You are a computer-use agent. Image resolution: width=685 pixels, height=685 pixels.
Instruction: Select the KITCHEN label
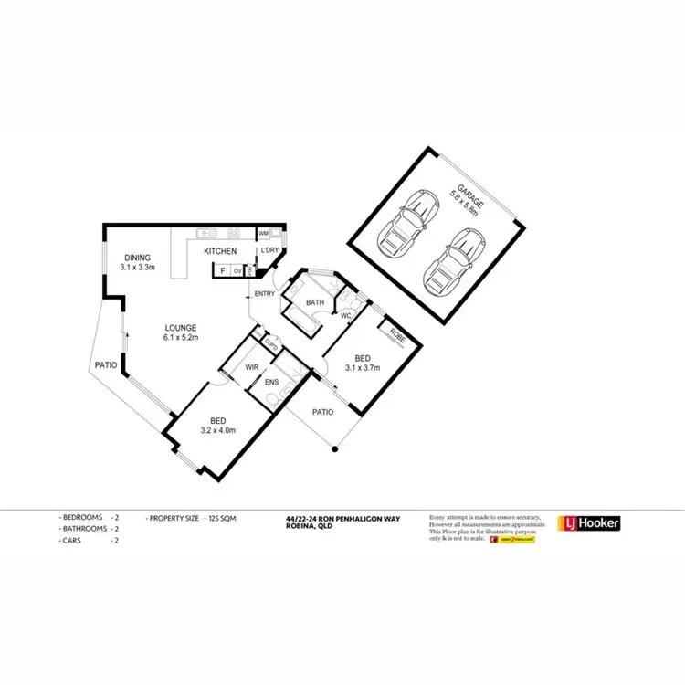click(220, 251)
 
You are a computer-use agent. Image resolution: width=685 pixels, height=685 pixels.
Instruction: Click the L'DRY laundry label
click(269, 250)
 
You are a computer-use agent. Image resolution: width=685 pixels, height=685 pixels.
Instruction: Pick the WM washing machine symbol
click(263, 234)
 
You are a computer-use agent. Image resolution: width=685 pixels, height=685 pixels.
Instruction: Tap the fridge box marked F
click(221, 270)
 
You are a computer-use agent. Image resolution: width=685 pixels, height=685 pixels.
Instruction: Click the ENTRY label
click(265, 293)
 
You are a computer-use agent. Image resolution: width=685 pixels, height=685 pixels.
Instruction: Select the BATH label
click(315, 302)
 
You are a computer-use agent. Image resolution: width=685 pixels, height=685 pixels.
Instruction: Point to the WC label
click(346, 316)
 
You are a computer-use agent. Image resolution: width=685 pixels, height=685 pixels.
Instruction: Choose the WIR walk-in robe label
click(252, 367)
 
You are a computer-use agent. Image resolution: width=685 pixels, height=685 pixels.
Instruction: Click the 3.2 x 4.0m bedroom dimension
click(217, 430)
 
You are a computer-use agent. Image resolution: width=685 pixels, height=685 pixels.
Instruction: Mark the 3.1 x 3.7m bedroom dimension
click(363, 369)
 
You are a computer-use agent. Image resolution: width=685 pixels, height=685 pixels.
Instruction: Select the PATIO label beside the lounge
click(105, 365)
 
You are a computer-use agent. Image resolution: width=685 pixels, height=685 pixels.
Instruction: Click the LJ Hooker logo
click(589, 523)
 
